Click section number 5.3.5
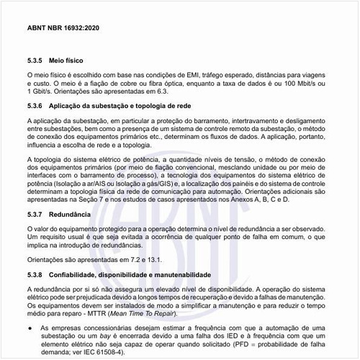(x=36, y=62)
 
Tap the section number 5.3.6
(x=36, y=106)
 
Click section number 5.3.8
(x=36, y=275)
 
